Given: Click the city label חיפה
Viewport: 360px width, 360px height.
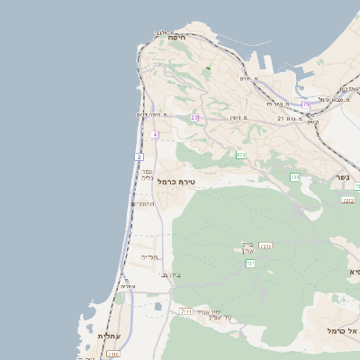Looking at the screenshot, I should [176, 38].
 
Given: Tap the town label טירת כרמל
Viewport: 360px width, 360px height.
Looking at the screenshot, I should [175, 182].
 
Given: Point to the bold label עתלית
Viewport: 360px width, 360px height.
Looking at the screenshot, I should [108, 336].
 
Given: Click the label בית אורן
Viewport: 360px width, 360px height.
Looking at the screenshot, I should [248, 246].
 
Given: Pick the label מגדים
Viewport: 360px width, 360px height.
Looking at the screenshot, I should [149, 257].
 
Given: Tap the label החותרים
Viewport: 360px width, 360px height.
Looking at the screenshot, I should [144, 204].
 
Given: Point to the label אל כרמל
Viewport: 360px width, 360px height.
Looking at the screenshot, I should [343, 331].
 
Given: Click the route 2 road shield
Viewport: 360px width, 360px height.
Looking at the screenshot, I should [139, 157].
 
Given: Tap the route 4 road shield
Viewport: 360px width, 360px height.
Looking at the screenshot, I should [155, 134].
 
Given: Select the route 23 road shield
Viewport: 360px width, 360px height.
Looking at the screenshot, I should [194, 117].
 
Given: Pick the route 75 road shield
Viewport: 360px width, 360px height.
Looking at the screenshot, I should [306, 104].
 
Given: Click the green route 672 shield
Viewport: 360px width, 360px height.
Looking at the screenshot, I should [241, 155].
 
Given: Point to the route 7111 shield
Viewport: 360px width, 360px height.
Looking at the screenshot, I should [186, 310].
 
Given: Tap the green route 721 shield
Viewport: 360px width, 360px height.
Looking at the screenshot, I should [251, 263].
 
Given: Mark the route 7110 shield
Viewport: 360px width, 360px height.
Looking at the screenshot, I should [113, 354].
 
